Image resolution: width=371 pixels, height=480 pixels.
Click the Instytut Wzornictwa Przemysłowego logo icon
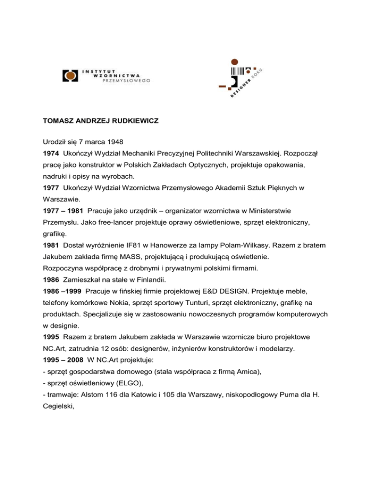click(x=71, y=76)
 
